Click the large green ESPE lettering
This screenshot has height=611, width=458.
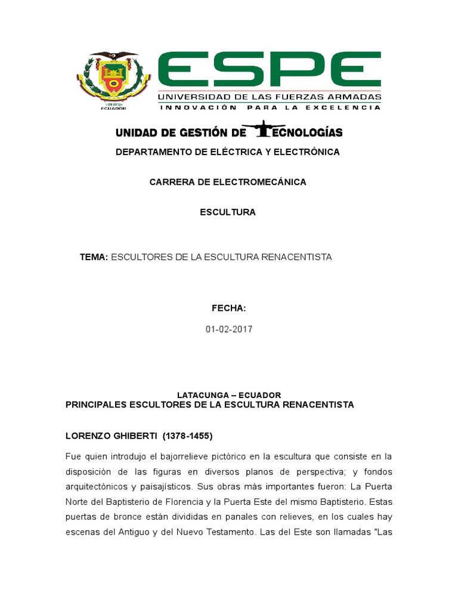click(x=269, y=70)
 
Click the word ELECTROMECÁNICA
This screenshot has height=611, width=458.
click(x=259, y=182)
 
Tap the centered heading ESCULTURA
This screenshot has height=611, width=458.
click(x=228, y=212)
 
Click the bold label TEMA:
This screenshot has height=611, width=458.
click(x=94, y=257)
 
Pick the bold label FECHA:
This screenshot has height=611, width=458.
click(x=228, y=308)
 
